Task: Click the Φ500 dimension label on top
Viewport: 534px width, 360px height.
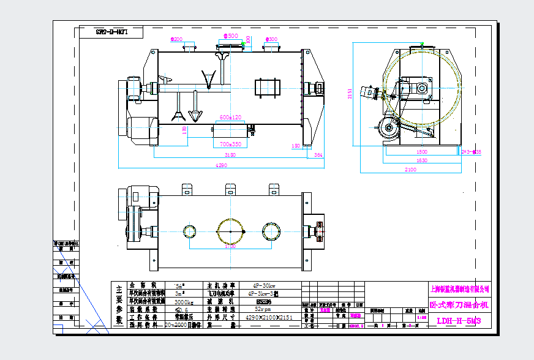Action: (231, 36)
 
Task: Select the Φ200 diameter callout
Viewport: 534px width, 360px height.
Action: (176, 39)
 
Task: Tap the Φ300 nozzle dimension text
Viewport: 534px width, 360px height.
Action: (271, 39)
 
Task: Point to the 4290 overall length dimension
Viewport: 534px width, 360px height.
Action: (220, 165)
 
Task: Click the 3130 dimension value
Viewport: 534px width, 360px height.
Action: (230, 156)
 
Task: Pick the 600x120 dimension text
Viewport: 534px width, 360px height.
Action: (230, 118)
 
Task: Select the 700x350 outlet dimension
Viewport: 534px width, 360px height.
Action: (230, 144)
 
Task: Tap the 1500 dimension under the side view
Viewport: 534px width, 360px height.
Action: (421, 152)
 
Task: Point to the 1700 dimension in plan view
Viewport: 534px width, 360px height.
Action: (230, 247)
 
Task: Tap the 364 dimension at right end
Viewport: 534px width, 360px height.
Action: (318, 156)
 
